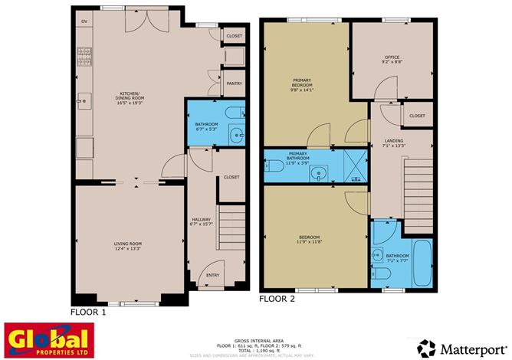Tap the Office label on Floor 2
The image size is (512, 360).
392,60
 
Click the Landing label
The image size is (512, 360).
394,144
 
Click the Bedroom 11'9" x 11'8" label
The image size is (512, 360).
309,240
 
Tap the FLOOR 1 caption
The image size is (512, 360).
87,313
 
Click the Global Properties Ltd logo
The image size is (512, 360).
48,339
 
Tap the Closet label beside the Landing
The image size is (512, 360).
416,116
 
